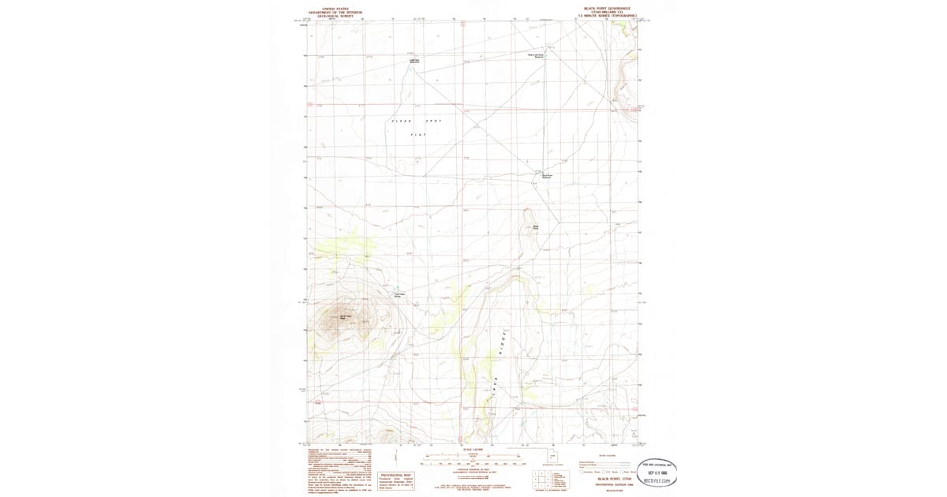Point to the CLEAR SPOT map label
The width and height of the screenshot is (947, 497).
point(417,121)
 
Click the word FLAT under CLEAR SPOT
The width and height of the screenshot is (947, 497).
point(417,135)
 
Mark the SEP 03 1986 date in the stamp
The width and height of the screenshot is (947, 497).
point(660,472)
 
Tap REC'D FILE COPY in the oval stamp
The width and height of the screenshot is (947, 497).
point(660,480)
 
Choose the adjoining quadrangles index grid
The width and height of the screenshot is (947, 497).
point(541,477)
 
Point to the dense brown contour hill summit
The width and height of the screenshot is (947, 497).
point(343,317)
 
